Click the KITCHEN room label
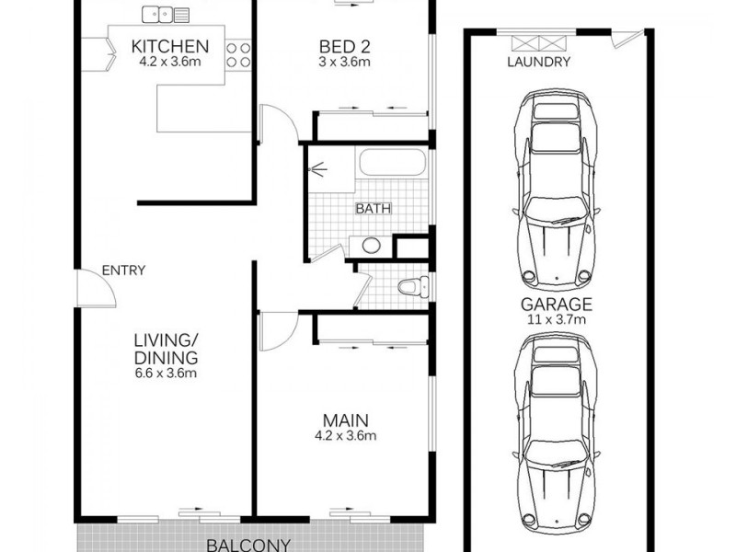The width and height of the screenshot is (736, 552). [170, 47]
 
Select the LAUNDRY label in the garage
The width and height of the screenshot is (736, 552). [539, 63]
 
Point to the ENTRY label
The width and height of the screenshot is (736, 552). [123, 270]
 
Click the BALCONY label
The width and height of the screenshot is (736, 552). [248, 544]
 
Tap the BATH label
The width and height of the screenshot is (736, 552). [373, 208]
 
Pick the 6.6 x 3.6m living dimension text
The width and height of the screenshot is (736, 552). [167, 374]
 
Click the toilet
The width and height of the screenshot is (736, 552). [413, 287]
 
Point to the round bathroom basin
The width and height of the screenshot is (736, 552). [371, 246]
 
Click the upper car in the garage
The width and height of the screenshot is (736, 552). [558, 189]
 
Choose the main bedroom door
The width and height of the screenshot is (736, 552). [277, 332]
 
